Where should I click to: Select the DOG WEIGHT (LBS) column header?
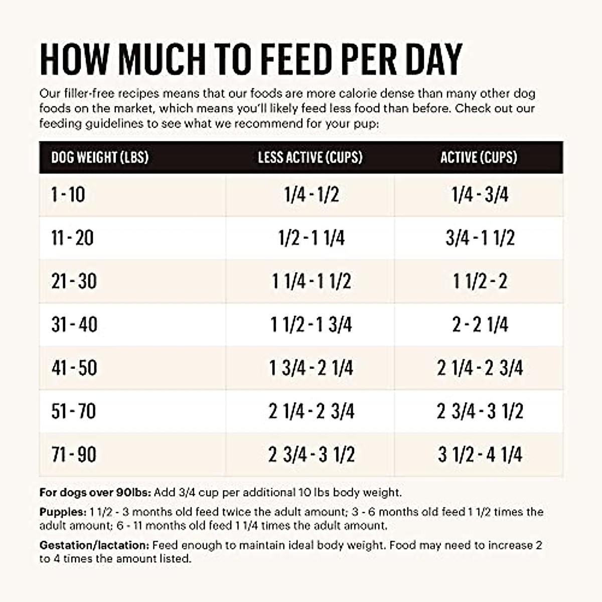click(100, 158)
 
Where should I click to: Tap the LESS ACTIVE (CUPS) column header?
click(310, 158)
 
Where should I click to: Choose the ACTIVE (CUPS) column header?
click(479, 158)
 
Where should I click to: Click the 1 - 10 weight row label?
click(68, 195)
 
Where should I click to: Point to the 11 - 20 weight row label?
click(72, 238)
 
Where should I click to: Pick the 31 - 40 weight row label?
click(74, 325)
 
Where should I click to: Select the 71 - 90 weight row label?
click(74, 455)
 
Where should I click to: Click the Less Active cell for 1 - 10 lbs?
click(312, 195)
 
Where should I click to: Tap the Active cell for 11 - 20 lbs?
click(480, 238)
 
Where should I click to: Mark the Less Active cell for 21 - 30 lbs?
click(312, 281)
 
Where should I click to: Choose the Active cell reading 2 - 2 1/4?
click(480, 325)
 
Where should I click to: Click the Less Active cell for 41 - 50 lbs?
click(312, 368)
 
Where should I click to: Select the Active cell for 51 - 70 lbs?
click(480, 411)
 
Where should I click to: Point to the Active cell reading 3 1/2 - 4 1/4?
click(480, 455)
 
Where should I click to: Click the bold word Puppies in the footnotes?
click(63, 512)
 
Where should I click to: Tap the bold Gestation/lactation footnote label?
click(94, 545)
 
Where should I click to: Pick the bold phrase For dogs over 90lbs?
click(95, 493)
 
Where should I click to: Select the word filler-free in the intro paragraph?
click(90, 94)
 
